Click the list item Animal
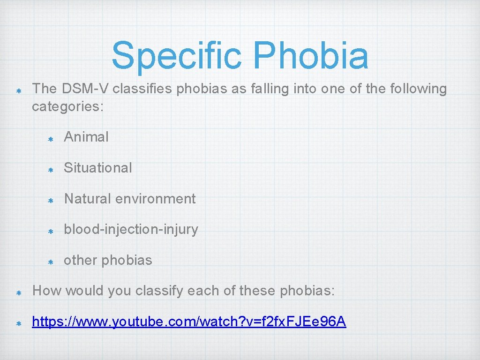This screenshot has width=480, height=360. (x=86, y=137)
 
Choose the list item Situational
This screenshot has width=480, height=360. (x=98, y=168)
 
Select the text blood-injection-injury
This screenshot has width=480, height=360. (x=131, y=230)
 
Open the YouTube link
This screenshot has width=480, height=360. (x=189, y=322)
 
